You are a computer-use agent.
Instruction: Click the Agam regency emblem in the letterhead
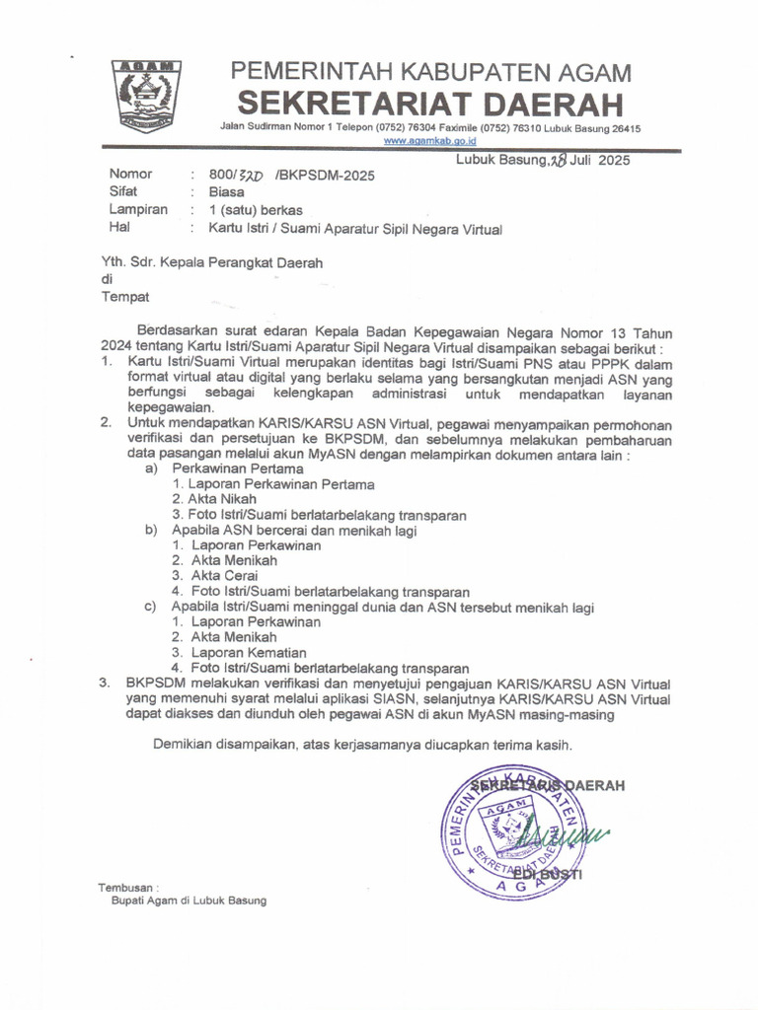coord(146,96)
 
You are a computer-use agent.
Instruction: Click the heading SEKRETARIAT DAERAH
coord(431,103)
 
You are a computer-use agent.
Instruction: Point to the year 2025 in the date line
coord(613,160)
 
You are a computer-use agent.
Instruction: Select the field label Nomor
coord(130,175)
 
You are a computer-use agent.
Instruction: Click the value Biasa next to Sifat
coord(226,192)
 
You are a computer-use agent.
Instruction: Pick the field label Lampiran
coord(137,210)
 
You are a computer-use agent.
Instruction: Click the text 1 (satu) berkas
coord(255,210)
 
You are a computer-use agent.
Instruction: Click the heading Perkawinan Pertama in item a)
coord(223,469)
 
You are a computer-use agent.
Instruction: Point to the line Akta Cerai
coord(224,576)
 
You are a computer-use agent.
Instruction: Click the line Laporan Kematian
coord(248,653)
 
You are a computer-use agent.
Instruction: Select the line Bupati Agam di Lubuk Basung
coord(189,901)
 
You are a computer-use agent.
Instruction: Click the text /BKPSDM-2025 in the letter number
coord(326,176)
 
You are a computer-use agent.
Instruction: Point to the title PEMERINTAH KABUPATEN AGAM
coord(431,72)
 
